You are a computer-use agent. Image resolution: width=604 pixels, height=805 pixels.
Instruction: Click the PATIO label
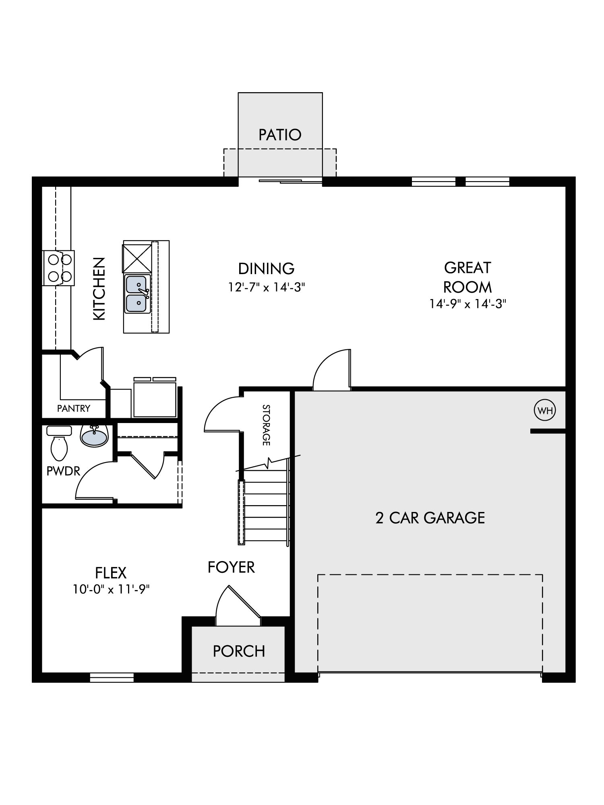coord(280,135)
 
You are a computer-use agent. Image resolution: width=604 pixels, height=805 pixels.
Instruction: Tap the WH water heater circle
coord(544,411)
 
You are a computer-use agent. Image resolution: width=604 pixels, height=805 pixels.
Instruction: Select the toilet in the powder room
coord(60,443)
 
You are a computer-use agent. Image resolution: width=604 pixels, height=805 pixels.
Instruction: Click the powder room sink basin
coord(95,436)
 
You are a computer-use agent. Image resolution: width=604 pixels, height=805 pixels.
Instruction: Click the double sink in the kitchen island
coord(137,294)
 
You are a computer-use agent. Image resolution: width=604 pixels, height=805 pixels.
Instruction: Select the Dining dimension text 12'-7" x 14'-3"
coord(267,287)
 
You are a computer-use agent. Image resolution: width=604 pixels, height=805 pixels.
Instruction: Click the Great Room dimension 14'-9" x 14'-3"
coord(467,303)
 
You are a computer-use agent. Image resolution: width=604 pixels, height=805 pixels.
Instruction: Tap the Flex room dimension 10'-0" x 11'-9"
coord(111,589)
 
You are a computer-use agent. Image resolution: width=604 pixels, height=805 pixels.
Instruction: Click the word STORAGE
coord(266,425)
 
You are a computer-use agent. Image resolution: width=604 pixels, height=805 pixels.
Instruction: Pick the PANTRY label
coord(74,409)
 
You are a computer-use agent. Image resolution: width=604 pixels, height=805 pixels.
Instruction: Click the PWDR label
coord(63,471)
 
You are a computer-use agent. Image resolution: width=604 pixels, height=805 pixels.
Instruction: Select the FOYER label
coord(231,567)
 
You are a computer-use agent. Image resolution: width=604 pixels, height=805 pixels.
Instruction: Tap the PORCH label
coord(239,651)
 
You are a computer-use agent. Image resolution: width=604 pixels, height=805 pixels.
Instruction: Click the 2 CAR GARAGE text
coord(430,518)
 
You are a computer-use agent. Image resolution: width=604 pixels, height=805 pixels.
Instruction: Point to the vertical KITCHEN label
coord(99,289)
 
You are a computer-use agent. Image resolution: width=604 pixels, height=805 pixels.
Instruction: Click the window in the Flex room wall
coord(112,677)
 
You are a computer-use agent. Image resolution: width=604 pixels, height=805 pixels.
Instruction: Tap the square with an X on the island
coord(137,258)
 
